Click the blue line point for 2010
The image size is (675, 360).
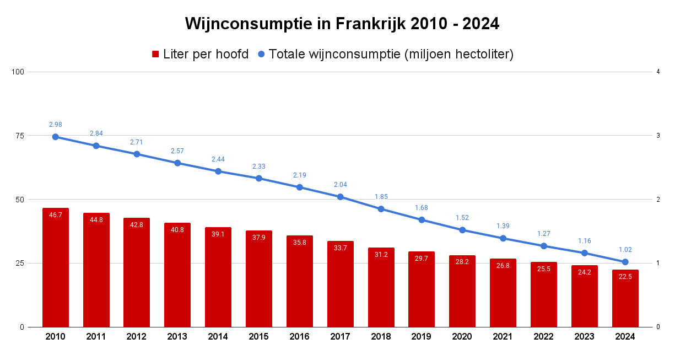(x=56, y=137)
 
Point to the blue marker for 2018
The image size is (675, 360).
(x=381, y=209)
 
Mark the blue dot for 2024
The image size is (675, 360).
(x=625, y=262)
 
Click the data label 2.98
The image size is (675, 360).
(x=56, y=124)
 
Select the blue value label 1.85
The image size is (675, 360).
(x=381, y=196)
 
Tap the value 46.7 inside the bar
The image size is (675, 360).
(x=56, y=215)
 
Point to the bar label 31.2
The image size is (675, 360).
(x=381, y=255)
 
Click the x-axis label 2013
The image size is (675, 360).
(x=177, y=337)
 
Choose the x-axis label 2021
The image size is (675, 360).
(x=503, y=337)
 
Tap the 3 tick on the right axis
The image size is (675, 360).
(x=658, y=136)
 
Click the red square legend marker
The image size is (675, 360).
(x=155, y=54)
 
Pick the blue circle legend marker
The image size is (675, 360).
(x=262, y=54)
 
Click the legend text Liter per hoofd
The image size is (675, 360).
(x=206, y=54)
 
